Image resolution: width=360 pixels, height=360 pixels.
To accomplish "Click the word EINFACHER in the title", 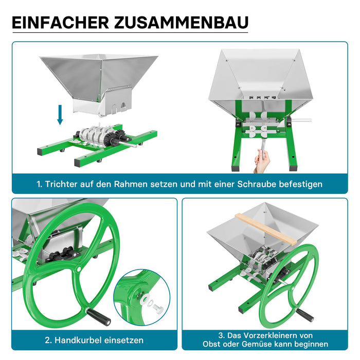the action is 61,23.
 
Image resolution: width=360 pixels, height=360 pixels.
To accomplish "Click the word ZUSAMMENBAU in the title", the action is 182,23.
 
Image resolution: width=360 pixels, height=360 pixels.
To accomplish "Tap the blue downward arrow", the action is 60,115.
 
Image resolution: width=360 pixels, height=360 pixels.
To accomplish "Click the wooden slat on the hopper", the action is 266,229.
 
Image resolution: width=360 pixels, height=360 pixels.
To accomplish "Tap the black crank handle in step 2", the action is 98,317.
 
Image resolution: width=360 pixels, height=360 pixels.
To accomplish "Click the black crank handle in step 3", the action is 304,315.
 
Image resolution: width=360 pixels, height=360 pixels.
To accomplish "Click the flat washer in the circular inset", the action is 146,298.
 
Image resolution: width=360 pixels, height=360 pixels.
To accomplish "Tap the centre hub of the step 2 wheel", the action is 79,268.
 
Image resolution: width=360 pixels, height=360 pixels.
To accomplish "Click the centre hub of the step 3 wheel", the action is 293,287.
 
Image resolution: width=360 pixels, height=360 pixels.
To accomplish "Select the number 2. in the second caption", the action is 48,340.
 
